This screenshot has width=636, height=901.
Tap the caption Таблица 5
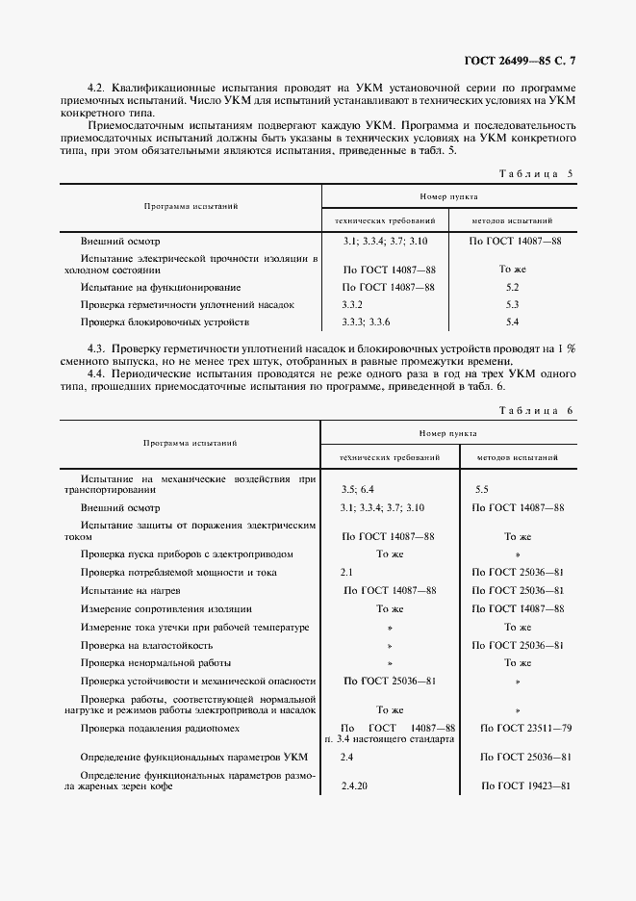point(537,174)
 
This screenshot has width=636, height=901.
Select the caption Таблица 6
point(537,411)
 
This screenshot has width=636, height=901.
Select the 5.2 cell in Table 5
point(512,287)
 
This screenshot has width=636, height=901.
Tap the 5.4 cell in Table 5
point(512,322)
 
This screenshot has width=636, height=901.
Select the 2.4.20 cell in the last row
point(355,786)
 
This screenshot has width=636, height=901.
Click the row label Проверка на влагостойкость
point(144,645)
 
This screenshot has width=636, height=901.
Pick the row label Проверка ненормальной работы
point(147,663)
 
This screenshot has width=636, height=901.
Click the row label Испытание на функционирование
point(146,287)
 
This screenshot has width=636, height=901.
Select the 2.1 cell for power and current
point(347,572)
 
